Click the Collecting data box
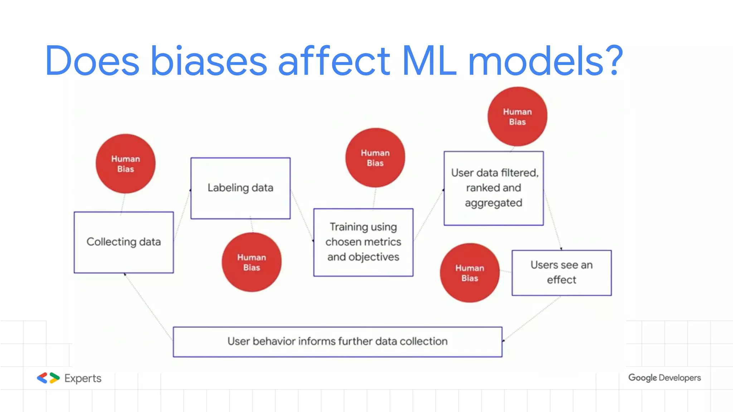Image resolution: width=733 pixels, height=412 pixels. pos(123,242)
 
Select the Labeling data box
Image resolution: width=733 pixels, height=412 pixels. pos(240,188)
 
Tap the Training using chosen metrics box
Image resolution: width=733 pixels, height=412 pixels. pos(363,242)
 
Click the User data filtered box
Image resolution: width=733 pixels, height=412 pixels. pos(494,188)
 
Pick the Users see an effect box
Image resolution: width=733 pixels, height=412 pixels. pos(561,273)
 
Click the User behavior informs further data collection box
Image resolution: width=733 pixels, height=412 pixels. pos(337,342)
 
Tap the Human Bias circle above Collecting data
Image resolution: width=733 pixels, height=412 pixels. pos(125,164)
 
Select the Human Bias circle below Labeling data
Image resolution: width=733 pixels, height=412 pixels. pos(251,262)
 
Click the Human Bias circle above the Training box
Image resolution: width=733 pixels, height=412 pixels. pos(375,158)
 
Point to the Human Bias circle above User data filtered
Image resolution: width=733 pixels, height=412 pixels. pos(517,117)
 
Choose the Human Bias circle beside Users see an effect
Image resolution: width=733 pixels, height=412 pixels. pos(469,273)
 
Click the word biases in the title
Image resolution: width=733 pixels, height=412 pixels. pos(209,61)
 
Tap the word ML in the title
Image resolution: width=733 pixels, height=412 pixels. pos(429,61)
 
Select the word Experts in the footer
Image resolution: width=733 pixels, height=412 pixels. pos(83,378)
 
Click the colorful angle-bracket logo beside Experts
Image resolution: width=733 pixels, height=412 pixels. pos(48,378)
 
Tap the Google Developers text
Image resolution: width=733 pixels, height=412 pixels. pos(664,378)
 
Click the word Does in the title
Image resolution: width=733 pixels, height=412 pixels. pos(92,61)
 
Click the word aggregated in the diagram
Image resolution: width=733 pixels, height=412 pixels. pos(493,203)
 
